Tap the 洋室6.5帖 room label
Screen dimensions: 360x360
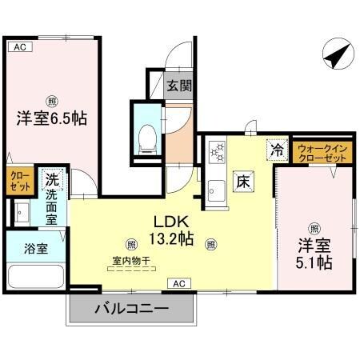51,118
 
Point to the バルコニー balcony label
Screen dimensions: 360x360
131,307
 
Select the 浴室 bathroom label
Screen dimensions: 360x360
34,247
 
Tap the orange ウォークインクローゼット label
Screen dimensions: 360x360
322,153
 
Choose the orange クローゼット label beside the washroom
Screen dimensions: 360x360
19,182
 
